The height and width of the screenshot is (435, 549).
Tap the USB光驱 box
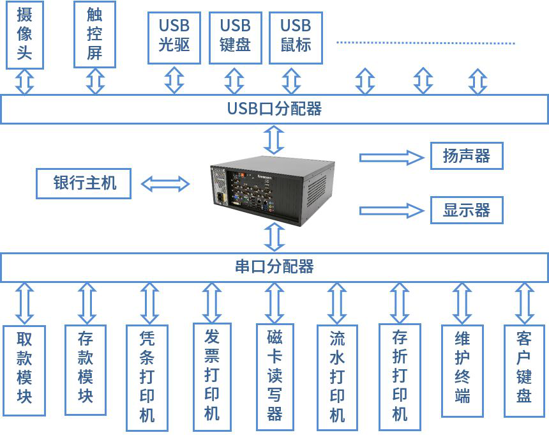coord(174,36)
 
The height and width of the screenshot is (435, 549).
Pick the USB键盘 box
coord(235,36)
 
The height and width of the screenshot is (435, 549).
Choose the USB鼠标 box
coord(296,36)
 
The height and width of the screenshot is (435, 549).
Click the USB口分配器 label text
coord(274,109)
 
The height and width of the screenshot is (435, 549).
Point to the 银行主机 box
coord(84,183)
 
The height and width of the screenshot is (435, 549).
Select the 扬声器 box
coord(466,156)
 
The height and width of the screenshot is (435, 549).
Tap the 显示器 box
coord(466,210)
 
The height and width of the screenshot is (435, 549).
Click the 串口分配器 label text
coord(274,266)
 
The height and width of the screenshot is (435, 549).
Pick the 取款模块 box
coord(24,369)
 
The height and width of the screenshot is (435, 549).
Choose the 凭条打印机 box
coord(147,375)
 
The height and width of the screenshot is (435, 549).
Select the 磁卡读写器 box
coord(274,375)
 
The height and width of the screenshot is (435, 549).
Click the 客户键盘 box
coord(524,369)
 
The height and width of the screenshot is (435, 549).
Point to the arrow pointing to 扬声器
coord(391,156)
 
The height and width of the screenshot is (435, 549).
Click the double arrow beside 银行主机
coord(165,184)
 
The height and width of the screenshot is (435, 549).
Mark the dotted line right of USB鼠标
coord(425,43)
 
